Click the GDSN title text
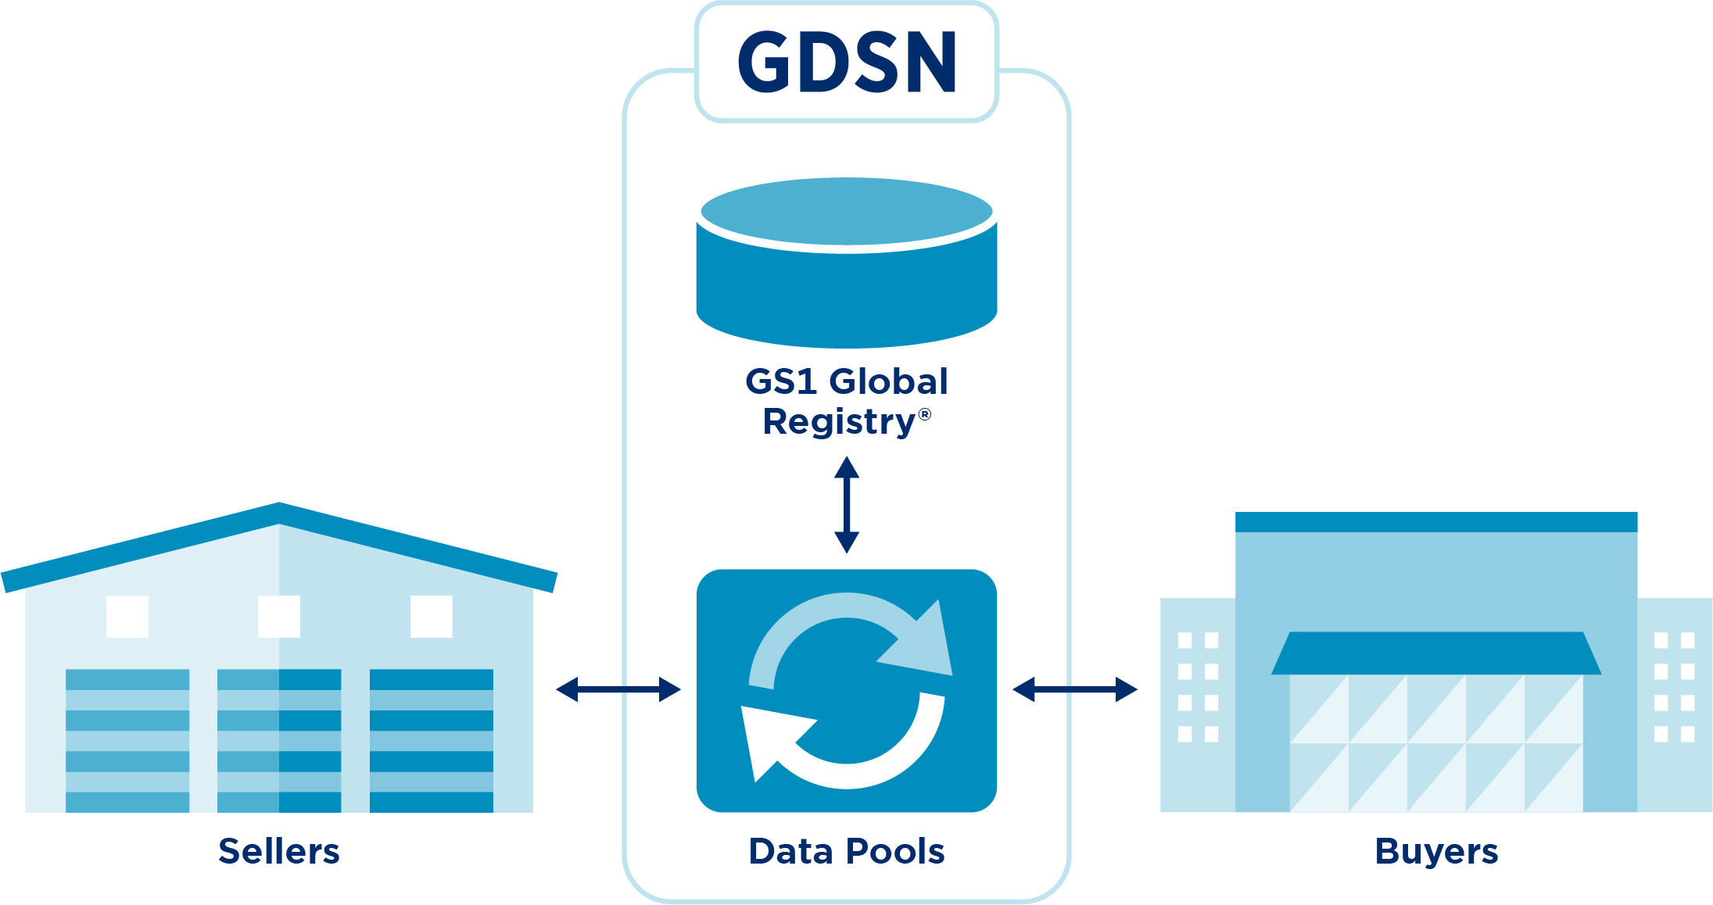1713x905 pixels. [x=847, y=63]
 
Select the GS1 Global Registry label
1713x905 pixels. [x=847, y=401]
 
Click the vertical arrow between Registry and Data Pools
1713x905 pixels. [x=847, y=505]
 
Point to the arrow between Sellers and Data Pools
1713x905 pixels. [x=618, y=689]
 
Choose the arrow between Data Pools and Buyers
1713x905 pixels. [x=1075, y=689]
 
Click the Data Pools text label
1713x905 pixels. [x=847, y=851]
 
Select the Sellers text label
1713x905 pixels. [x=279, y=851]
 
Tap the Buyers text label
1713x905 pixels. [x=1436, y=851]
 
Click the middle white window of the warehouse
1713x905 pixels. [x=279, y=617]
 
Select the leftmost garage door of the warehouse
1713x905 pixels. [x=127, y=740]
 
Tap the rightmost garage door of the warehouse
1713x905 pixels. [x=432, y=740]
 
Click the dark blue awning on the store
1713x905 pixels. [x=1436, y=653]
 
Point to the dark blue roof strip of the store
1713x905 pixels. [x=1436, y=522]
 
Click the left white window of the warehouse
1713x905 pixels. [x=127, y=617]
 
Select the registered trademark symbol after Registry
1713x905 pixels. [x=925, y=414]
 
